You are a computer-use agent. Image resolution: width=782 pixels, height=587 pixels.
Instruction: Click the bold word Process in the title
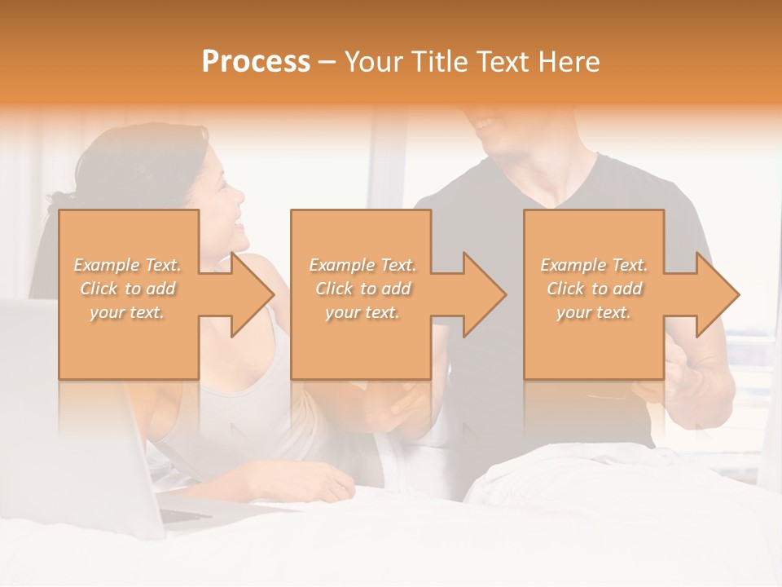[x=256, y=62]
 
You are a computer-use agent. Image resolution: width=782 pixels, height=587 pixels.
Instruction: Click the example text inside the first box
[x=127, y=288]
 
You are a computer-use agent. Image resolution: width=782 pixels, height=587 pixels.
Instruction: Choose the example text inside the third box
[x=594, y=288]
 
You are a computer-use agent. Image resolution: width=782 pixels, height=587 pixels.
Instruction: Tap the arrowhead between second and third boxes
[x=483, y=294]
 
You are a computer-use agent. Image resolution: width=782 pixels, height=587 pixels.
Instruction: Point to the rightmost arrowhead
[x=716, y=294]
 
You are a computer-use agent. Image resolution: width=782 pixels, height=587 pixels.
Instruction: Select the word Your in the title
[x=371, y=62]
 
